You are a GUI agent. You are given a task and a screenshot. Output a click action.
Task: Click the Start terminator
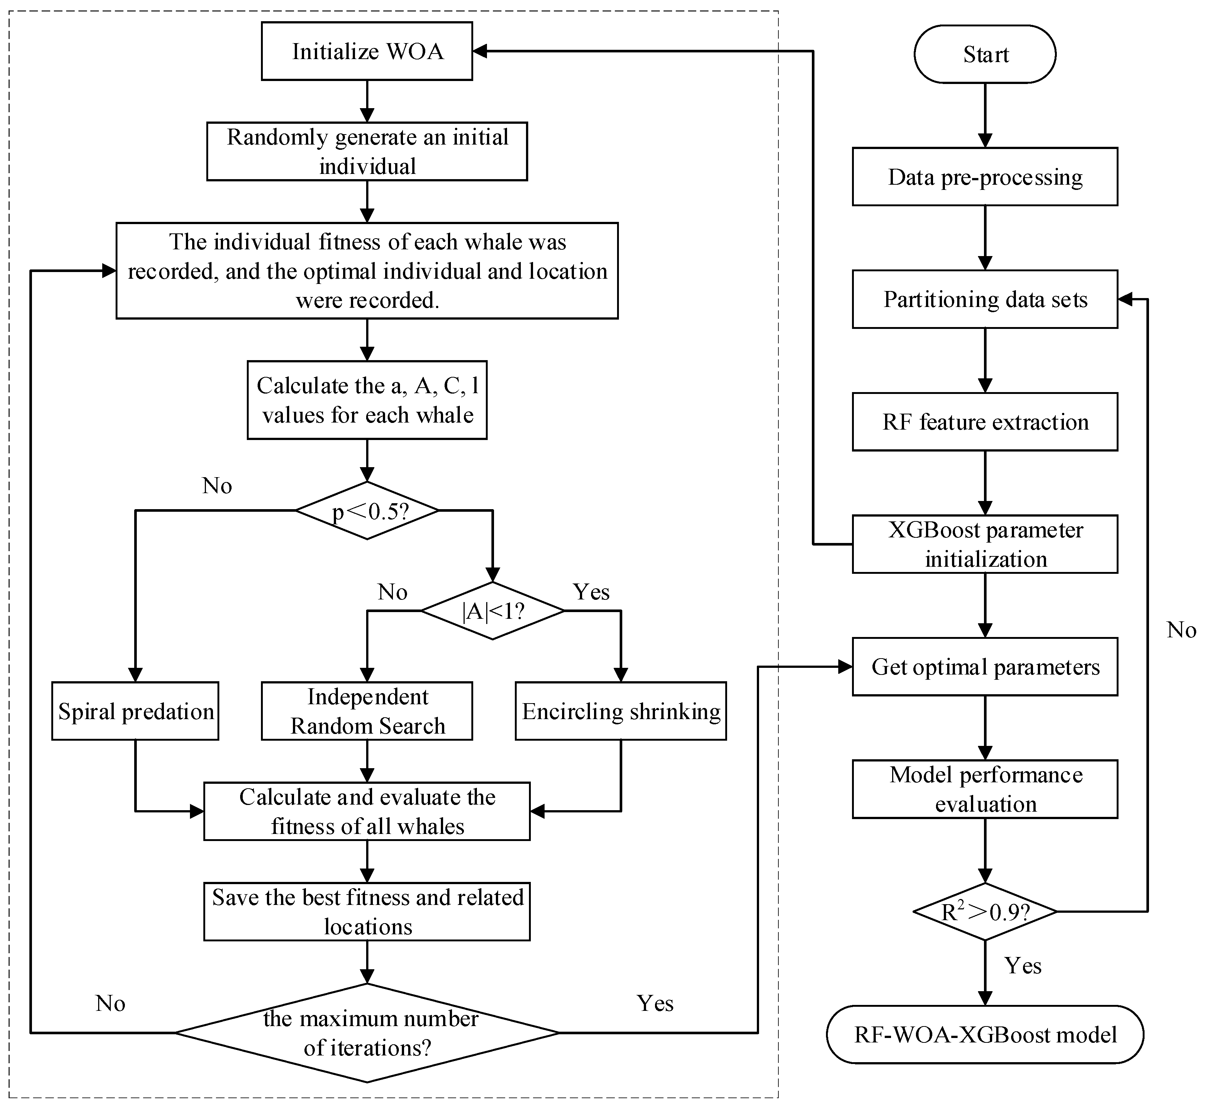[985, 54]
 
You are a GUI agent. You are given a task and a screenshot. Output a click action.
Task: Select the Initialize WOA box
[367, 51]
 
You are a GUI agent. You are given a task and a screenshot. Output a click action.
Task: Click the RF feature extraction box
[985, 422]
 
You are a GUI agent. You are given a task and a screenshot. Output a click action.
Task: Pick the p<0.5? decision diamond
[367, 511]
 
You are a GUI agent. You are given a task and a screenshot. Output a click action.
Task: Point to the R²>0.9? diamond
[985, 912]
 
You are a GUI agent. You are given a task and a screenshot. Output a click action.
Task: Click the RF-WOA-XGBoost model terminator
[985, 1035]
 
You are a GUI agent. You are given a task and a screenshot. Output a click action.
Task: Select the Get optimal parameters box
[985, 667]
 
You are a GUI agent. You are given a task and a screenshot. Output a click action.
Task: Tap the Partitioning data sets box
[985, 299]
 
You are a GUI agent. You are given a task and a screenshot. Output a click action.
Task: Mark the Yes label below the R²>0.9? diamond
[1023, 966]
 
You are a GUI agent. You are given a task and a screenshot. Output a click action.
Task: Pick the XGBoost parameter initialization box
[985, 544]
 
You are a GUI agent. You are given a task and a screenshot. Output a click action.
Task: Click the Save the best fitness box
[367, 912]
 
